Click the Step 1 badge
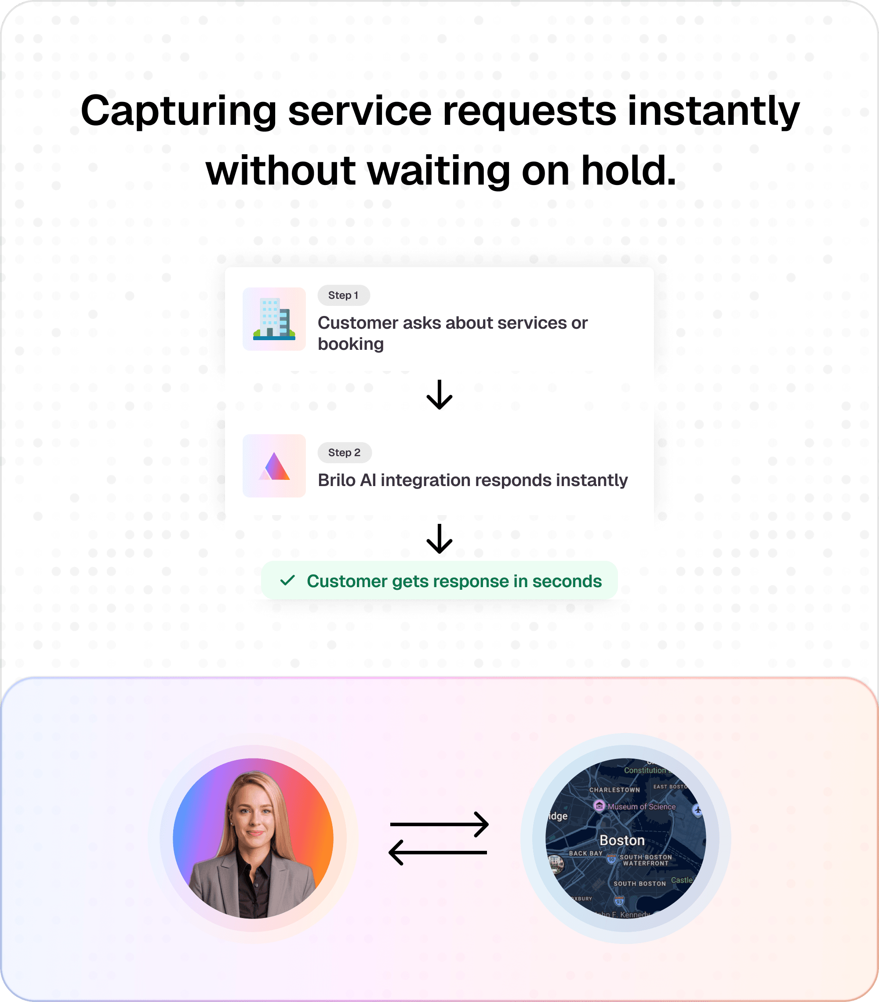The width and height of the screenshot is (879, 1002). (343, 295)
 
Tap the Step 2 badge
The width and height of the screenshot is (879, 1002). (344, 453)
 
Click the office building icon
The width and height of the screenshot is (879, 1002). (274, 319)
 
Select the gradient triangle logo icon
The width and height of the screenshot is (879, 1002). (274, 466)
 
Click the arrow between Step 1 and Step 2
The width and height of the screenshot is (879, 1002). (439, 395)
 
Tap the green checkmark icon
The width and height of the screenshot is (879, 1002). (287, 581)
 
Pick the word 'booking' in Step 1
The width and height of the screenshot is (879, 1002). (351, 344)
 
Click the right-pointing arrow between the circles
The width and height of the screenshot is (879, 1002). (439, 824)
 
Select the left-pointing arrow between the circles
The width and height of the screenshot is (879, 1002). (438, 853)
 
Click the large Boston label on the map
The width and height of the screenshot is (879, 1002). (621, 840)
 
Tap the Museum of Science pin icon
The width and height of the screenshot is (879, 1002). (599, 806)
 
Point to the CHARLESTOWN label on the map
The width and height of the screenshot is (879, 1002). (614, 790)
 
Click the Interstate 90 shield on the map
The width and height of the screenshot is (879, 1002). (611, 859)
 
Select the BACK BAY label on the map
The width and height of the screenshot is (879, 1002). (585, 853)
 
